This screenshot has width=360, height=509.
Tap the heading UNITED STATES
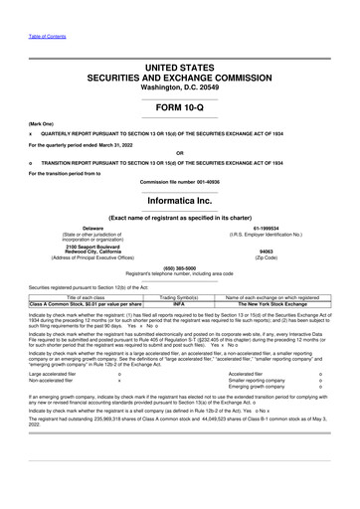[180, 66]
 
